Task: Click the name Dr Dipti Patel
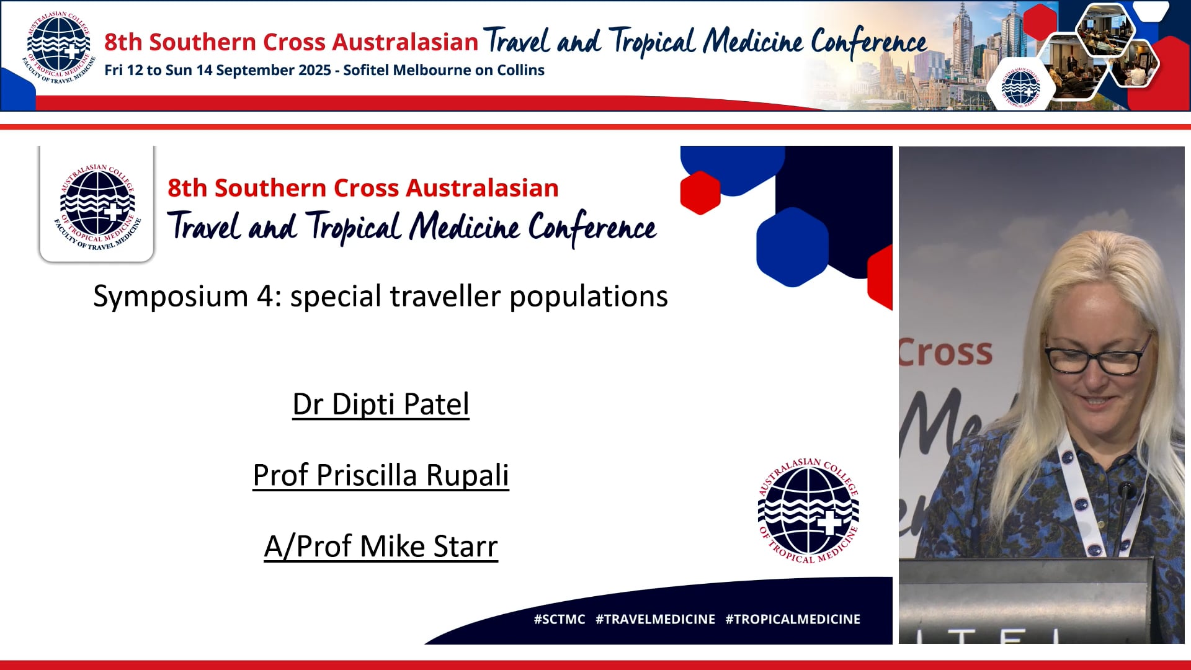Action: pyautogui.click(x=380, y=404)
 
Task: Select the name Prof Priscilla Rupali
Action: pyautogui.click(x=380, y=476)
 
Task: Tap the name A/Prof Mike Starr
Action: pyautogui.click(x=380, y=547)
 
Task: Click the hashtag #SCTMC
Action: pyautogui.click(x=559, y=619)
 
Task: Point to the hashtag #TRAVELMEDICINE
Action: pyautogui.click(x=655, y=619)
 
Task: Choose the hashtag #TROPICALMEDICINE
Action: pyautogui.click(x=792, y=619)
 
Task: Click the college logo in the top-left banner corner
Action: pyautogui.click(x=58, y=48)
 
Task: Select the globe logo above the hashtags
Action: pyautogui.click(x=808, y=511)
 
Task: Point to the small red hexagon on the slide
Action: pyautogui.click(x=700, y=192)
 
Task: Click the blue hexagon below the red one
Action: pyautogui.click(x=792, y=247)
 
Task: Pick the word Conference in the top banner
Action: pyautogui.click(x=868, y=42)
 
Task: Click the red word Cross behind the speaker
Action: pyautogui.click(x=946, y=352)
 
